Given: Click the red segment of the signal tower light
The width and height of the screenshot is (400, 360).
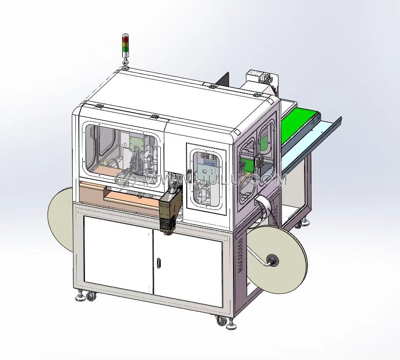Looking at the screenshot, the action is (125, 39).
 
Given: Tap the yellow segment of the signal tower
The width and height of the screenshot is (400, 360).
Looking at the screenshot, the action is (125, 44).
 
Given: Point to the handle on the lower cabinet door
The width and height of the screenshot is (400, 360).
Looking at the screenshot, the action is (159, 263).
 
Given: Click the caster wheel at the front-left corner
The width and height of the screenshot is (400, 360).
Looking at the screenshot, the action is (91, 296).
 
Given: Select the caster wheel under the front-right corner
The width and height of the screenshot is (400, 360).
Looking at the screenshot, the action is (221, 320).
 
